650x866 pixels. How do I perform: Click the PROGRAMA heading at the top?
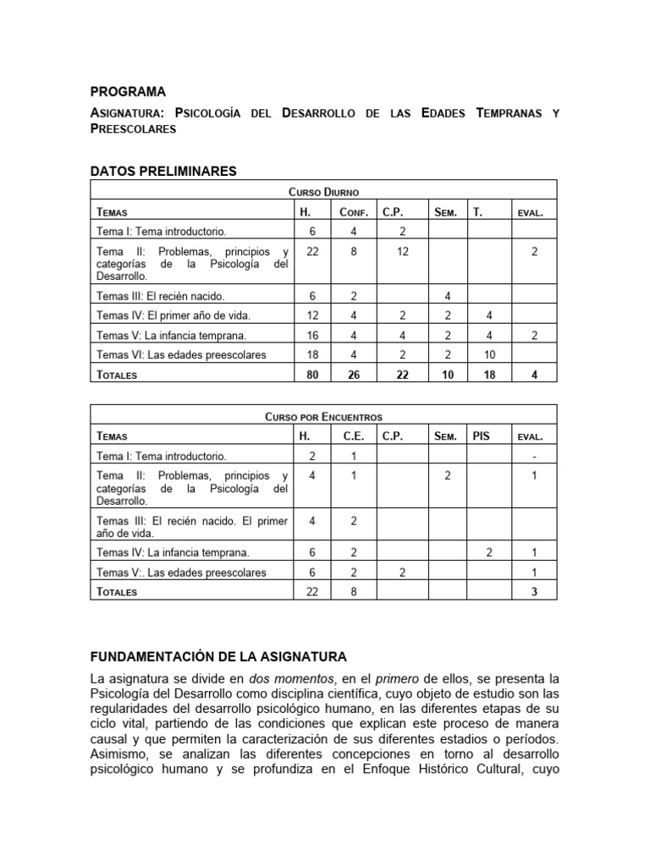tap(128, 91)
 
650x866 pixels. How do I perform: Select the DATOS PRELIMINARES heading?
tap(163, 172)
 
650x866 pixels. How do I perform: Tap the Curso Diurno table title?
tap(323, 193)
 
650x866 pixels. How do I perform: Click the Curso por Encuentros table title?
tap(323, 417)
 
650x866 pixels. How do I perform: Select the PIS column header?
tap(482, 436)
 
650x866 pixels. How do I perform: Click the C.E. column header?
tap(353, 436)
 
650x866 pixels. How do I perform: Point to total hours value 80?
tap(312, 374)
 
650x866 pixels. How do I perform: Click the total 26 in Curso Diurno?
tap(353, 374)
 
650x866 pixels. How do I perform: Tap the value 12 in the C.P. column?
tap(403, 252)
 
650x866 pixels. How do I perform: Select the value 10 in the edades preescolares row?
tap(489, 354)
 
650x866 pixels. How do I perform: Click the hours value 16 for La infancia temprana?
tap(312, 335)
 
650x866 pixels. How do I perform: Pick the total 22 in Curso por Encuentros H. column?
tap(312, 592)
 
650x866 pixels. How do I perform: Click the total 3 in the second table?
tap(534, 592)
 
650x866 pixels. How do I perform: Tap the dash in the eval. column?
tap(534, 456)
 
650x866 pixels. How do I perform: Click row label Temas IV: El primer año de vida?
tap(162, 315)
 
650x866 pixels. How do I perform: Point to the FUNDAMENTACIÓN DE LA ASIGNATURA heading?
tap(218, 656)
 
